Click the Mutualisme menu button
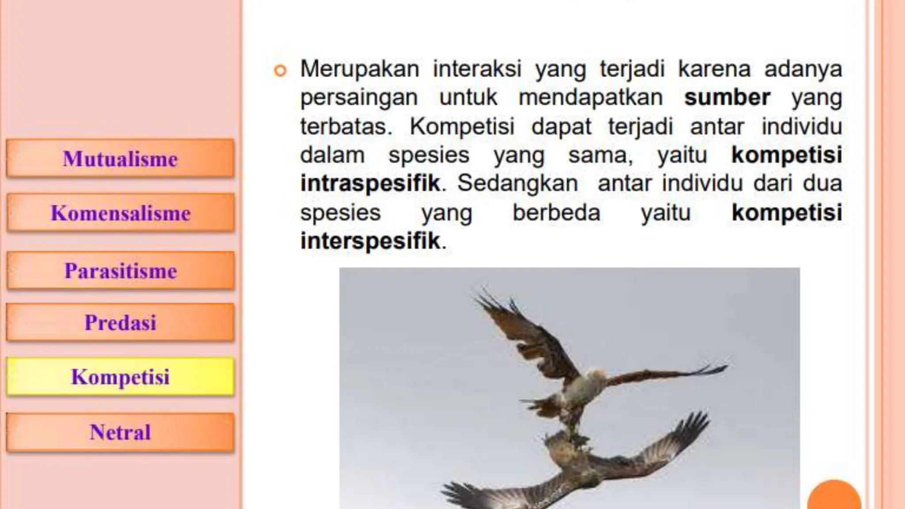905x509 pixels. click(x=120, y=159)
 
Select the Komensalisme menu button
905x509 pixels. click(x=120, y=213)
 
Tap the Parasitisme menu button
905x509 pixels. click(x=120, y=270)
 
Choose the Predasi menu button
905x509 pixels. click(x=120, y=322)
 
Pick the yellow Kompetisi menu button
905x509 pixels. click(x=120, y=377)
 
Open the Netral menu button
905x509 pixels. click(x=120, y=432)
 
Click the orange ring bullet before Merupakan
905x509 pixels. click(x=280, y=70)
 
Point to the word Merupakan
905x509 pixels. click(x=360, y=69)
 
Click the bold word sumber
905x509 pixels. click(x=727, y=98)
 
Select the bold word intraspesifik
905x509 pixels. click(x=370, y=183)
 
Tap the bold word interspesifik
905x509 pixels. click(x=370, y=241)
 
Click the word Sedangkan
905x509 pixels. click(x=517, y=183)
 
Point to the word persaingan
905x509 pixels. click(x=359, y=98)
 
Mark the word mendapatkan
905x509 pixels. click(x=590, y=98)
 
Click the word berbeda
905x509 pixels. click(x=556, y=213)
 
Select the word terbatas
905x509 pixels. click(x=346, y=126)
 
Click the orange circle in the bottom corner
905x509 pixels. click(x=834, y=497)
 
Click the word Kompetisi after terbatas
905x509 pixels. click(x=462, y=127)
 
